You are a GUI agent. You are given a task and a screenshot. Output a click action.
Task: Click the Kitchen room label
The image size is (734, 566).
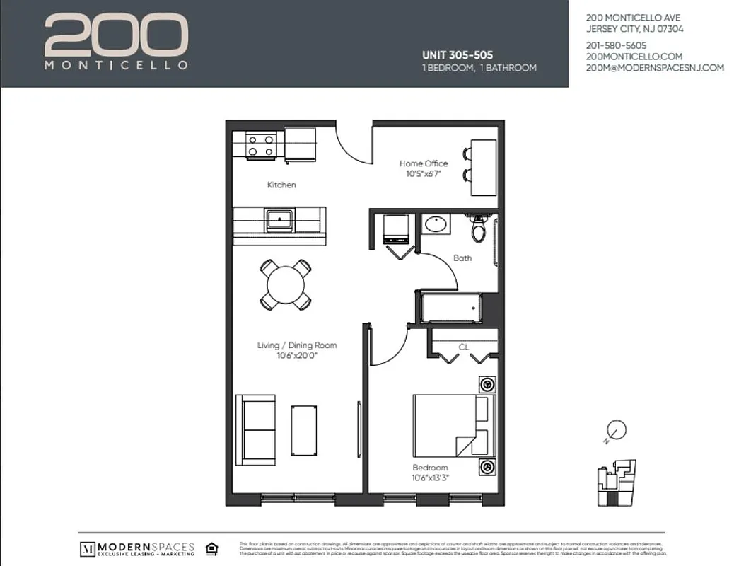[x=281, y=185]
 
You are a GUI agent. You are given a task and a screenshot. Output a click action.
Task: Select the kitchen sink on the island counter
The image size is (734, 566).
[x=280, y=219]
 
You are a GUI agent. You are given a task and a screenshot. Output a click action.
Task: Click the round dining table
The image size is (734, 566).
[x=285, y=284]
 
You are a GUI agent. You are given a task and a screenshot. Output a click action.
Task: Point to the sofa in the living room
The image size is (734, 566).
[x=255, y=429]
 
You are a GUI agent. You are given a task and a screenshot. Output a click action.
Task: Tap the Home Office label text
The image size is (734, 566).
[x=424, y=163]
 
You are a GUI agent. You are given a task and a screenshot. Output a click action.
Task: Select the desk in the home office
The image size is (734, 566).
[x=484, y=168]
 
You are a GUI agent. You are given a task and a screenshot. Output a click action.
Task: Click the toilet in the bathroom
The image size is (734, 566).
[x=479, y=229]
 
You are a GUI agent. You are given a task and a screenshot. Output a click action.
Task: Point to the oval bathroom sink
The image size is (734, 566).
[x=436, y=226]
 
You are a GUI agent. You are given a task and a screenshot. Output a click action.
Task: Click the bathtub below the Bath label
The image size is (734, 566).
[x=451, y=307]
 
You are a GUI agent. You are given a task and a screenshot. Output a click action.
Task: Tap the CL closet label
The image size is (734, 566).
[x=464, y=347]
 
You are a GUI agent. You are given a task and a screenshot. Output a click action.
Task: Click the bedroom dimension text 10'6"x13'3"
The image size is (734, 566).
[x=431, y=478]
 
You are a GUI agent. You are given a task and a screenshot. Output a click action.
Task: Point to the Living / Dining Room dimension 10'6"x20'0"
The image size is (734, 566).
[x=297, y=355]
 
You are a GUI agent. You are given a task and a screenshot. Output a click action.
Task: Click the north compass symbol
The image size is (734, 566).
[x=616, y=429]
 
